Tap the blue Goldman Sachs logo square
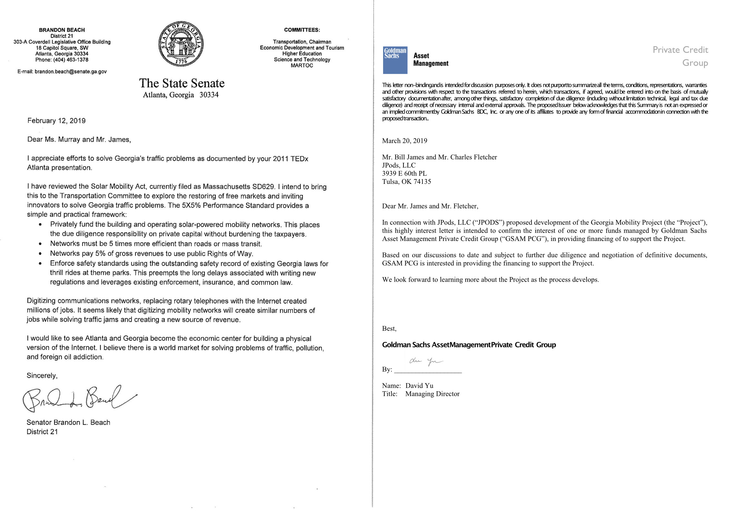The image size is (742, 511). point(395,60)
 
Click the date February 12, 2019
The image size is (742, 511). point(56,121)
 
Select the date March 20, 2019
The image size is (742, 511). point(404,141)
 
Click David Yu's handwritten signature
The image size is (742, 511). point(426,362)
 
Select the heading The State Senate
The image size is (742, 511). point(182,84)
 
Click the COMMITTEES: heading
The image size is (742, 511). point(302,30)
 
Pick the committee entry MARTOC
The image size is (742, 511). point(302,65)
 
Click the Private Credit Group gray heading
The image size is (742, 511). point(680,56)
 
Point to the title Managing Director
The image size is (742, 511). point(432,394)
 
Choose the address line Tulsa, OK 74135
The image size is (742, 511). point(406,182)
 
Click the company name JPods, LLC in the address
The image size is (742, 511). point(399,165)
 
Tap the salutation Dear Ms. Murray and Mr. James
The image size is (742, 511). point(79,140)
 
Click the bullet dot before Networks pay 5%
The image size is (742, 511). point(40,254)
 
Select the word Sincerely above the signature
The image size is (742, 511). point(42,376)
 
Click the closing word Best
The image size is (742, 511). point(389,329)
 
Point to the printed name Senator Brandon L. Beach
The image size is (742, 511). point(68,423)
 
